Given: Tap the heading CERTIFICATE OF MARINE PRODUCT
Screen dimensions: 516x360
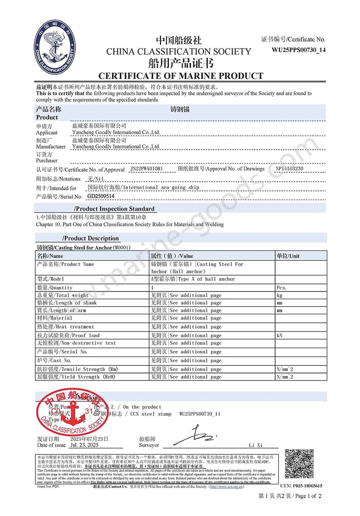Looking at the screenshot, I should tap(180, 76).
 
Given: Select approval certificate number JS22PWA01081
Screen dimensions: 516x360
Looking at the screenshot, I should tap(146, 169).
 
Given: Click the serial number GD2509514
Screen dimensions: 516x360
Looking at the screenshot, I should tap(101, 196).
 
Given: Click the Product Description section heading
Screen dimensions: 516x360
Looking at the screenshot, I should tap(91, 238).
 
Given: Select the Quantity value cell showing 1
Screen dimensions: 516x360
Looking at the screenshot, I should tap(152, 287).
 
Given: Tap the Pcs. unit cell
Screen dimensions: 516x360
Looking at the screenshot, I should tap(282, 287).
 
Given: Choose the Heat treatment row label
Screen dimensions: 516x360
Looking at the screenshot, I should tap(65, 326).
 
